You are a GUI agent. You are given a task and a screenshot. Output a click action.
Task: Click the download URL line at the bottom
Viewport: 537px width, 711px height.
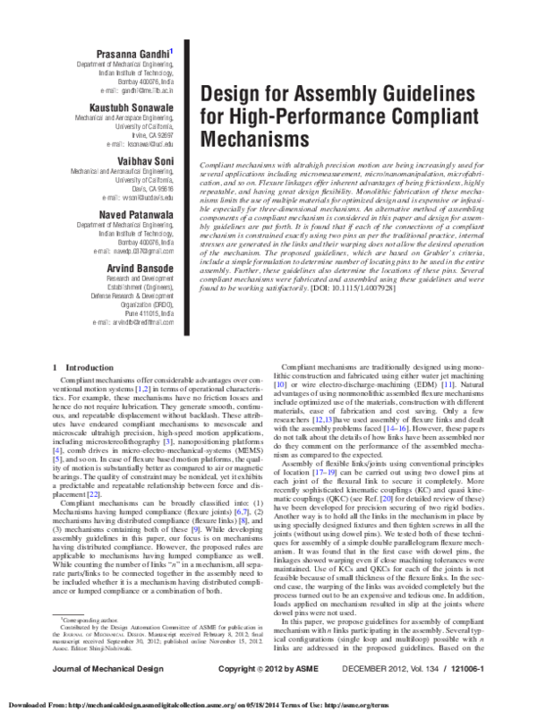[268, 700]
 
